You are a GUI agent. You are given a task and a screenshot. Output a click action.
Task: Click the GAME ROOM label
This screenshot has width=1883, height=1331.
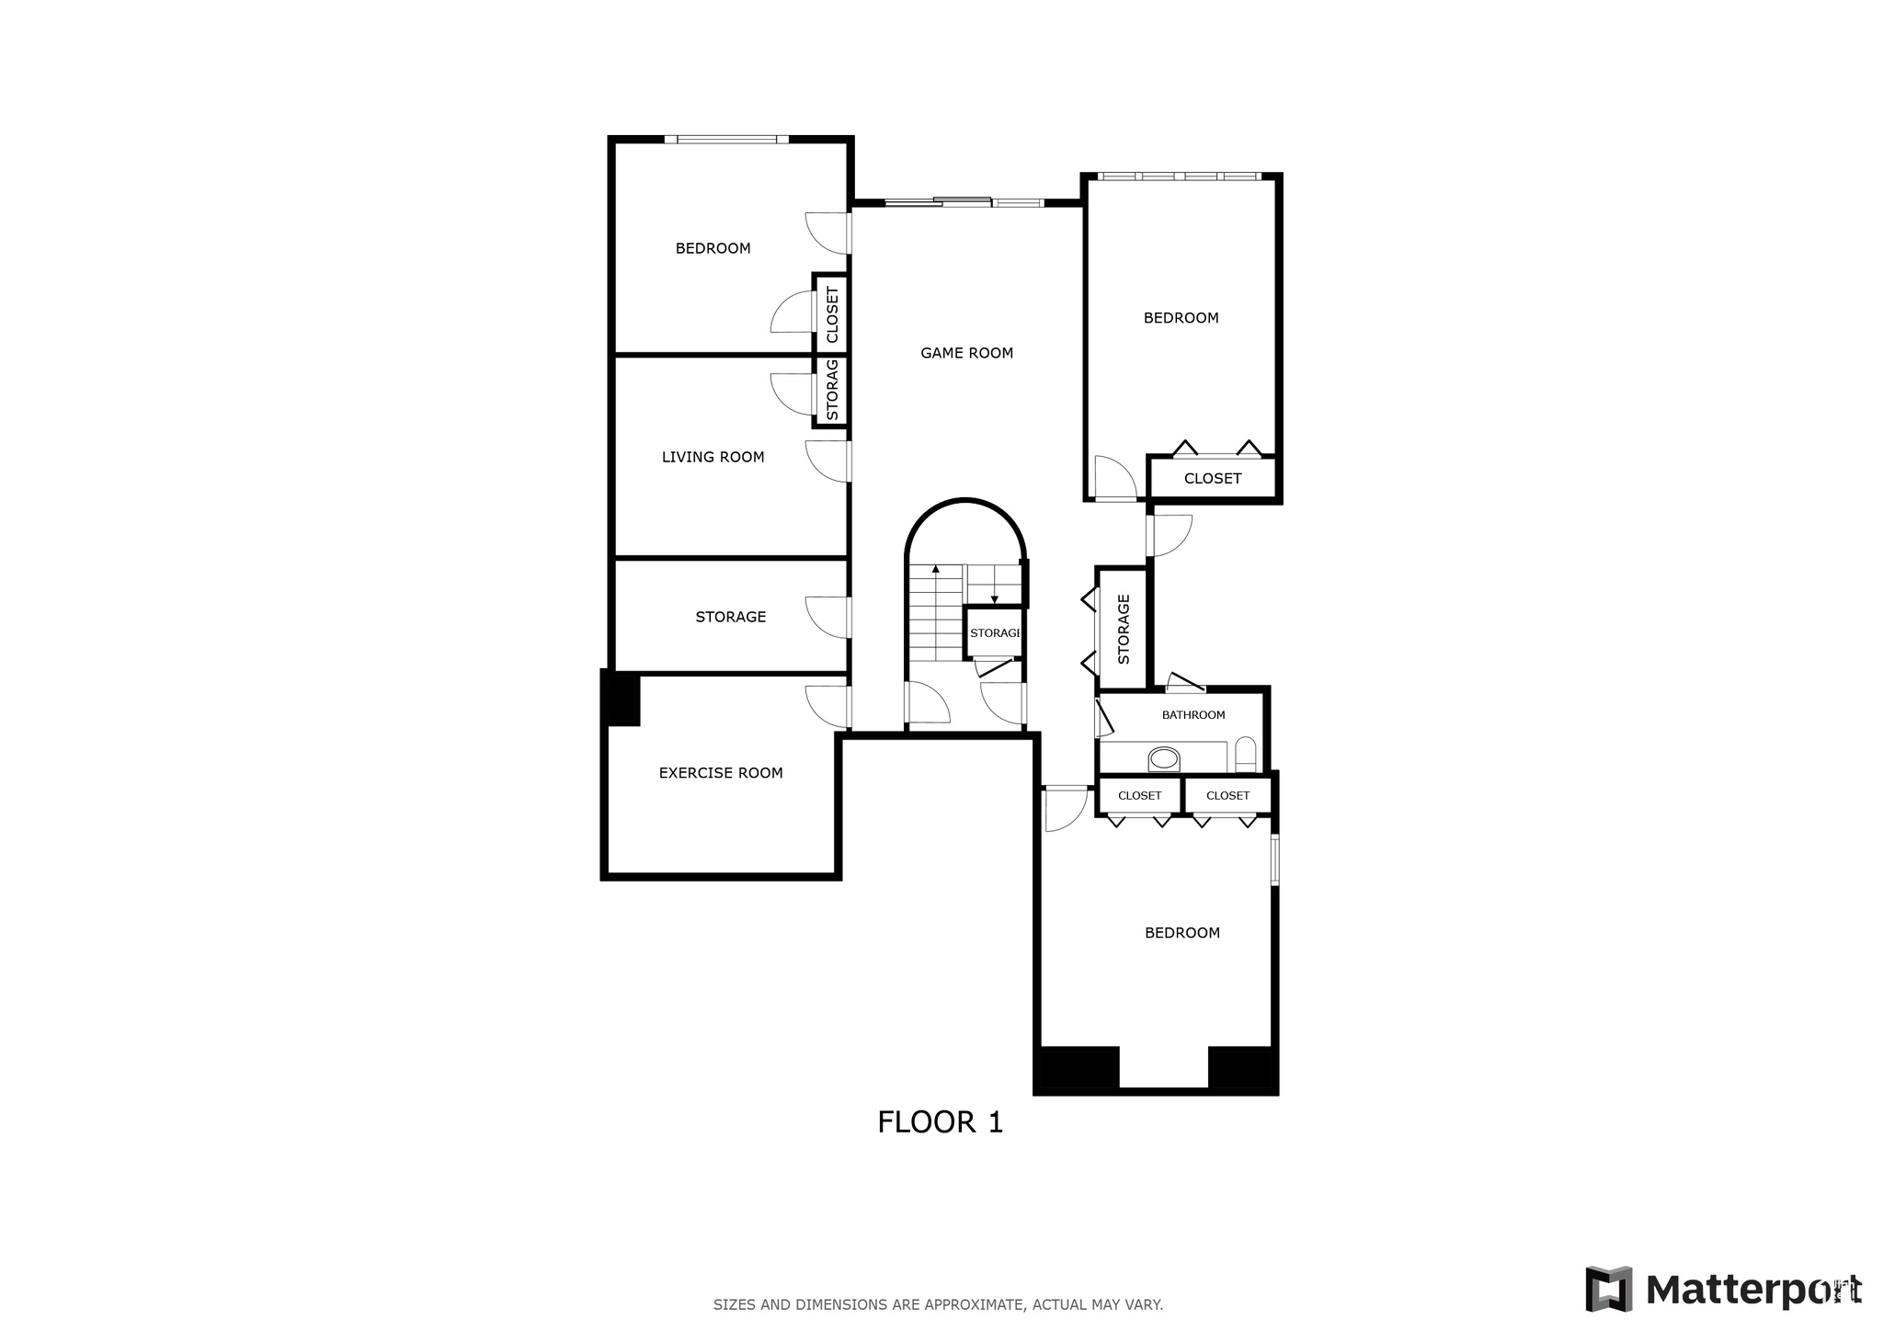966,353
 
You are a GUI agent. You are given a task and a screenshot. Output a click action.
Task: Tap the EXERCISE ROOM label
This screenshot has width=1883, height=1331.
721,773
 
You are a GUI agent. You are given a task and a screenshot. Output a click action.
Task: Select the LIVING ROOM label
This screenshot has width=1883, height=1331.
713,457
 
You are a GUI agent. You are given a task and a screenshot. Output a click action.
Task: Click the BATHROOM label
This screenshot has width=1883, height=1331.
1193,715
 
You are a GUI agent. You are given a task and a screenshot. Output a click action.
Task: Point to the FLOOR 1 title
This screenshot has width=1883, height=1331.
940,1122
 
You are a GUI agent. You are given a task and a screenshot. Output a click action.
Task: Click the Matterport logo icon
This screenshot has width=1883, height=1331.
1608,1289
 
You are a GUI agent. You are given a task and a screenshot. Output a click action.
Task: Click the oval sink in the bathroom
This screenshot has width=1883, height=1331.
1164,759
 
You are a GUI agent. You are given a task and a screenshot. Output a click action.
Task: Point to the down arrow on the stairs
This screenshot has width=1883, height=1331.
994,598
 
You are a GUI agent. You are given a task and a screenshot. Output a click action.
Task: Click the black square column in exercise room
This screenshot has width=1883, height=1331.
621,700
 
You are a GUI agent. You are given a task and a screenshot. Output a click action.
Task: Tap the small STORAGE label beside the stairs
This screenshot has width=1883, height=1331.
995,633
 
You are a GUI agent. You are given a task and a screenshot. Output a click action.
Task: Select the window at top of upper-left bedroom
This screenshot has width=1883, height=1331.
726,140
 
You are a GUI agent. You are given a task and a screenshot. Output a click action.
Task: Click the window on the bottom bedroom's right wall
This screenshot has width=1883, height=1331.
1274,859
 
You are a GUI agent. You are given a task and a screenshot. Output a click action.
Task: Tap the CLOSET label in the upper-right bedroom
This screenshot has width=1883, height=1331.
1212,479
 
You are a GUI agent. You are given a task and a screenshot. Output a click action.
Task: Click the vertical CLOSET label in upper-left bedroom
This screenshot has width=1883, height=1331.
833,315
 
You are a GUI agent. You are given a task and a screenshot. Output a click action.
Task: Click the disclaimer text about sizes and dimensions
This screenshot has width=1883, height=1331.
938,1304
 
